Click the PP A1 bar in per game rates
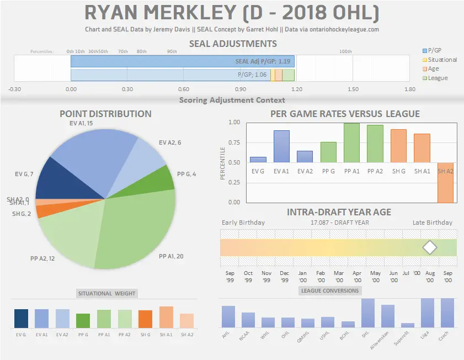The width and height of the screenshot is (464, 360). tap(351, 143)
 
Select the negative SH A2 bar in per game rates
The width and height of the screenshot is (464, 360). tap(446, 182)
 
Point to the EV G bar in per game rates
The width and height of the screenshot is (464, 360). tap(258, 160)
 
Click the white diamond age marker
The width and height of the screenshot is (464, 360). tap(429, 247)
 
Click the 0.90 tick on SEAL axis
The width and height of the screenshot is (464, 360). tap(241, 89)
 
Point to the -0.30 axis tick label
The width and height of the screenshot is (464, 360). tap(14, 89)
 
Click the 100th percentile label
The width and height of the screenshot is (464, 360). tap(345, 51)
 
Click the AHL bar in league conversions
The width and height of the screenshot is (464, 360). tap(228, 316)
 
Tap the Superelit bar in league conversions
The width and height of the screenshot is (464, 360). tap(408, 325)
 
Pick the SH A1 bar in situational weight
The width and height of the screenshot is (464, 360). tap(166, 317)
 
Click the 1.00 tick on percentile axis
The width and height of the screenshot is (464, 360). tap(234, 123)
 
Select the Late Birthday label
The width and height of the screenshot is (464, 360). tap(432, 223)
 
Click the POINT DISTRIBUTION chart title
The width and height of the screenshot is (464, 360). tap(105, 114)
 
